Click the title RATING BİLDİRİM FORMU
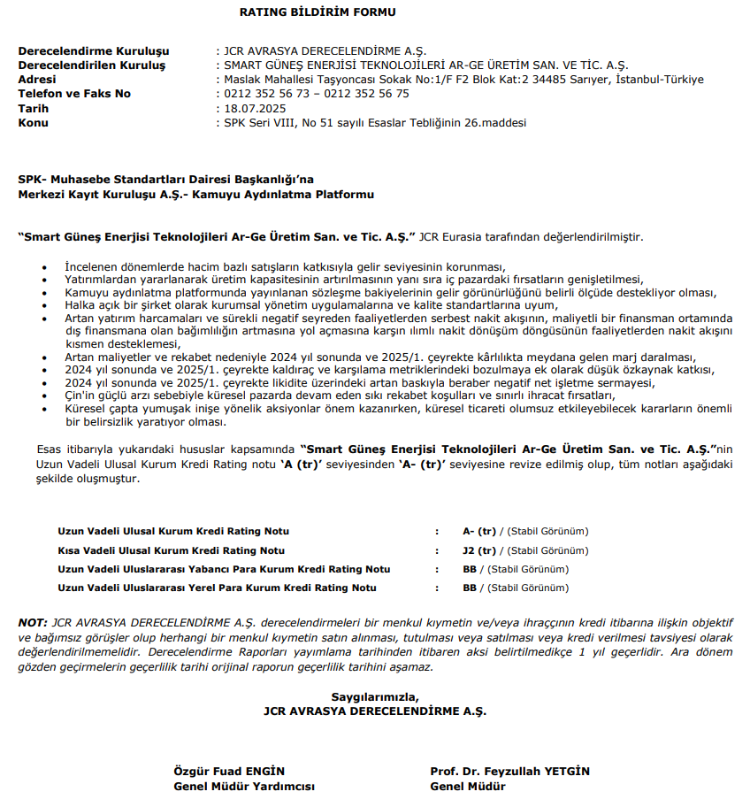point(318,12)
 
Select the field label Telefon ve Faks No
point(74,94)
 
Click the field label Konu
point(33,122)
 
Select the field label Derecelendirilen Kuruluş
point(91,65)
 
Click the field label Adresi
point(38,80)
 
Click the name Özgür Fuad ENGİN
point(228,772)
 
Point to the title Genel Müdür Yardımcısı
point(243,786)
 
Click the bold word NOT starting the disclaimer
point(33,623)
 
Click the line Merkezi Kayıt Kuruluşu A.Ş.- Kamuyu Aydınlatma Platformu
point(195,195)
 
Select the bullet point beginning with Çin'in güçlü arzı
point(340,396)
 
